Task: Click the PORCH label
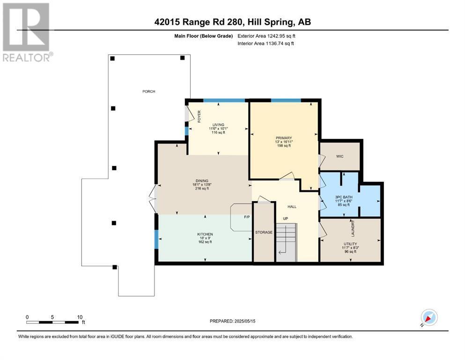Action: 149,91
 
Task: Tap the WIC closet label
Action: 340,156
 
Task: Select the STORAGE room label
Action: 264,232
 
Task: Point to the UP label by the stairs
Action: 285,219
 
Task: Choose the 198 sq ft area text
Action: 283,146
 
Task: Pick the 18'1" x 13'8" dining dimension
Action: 201,184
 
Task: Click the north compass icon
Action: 428,318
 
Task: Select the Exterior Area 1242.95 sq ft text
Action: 267,36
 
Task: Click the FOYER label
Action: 199,116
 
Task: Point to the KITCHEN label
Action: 205,234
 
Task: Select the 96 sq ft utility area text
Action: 350,252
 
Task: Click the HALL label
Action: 292,207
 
